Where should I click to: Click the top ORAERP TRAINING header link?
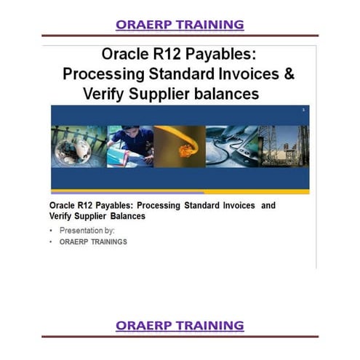[x=180, y=25]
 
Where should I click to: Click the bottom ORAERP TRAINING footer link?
[x=180, y=324]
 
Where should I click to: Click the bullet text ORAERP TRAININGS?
[x=93, y=242]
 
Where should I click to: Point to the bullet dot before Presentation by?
[x=52, y=231]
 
